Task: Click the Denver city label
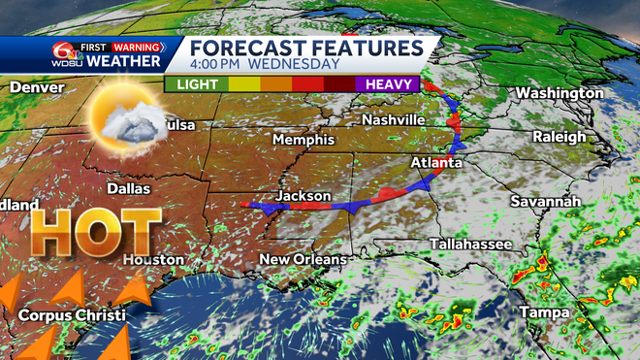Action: [37, 87]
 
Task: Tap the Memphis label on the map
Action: [304, 140]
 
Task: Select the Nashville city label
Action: [393, 119]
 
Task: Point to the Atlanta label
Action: [435, 162]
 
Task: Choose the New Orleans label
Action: [303, 259]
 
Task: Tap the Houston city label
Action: [153, 259]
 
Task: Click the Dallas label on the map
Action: [130, 188]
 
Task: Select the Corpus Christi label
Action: [71, 314]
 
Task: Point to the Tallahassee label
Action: [469, 244]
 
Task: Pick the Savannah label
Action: [546, 201]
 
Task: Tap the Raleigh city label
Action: [560, 137]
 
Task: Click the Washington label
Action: [560, 92]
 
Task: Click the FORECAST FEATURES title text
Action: [305, 48]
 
